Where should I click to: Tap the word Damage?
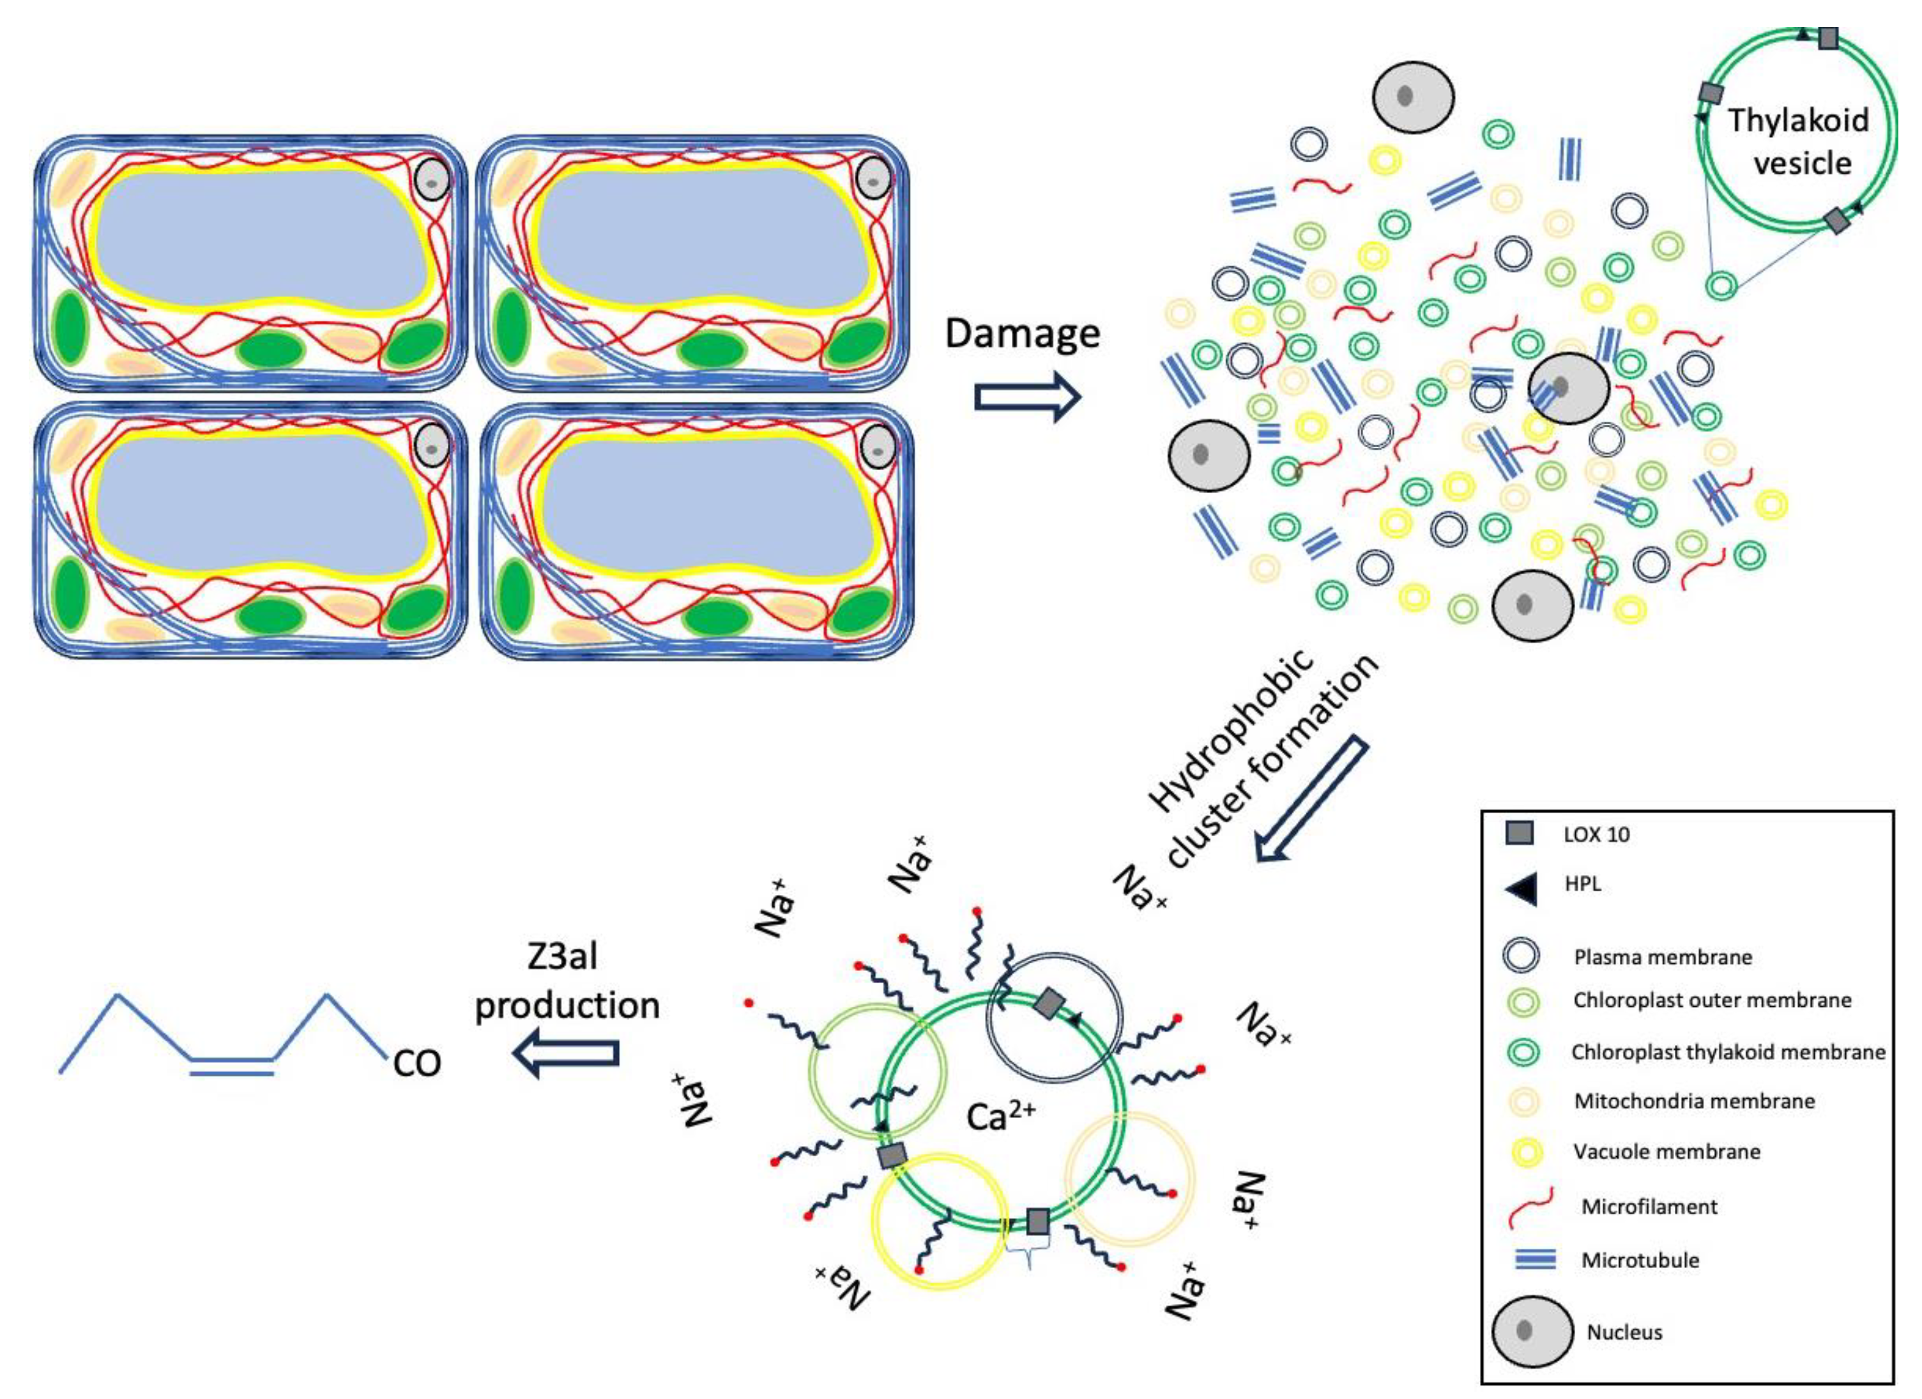click(1022, 333)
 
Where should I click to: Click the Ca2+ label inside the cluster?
click(1000, 1117)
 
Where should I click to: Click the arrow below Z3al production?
click(566, 1053)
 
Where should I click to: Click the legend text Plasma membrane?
click(1663, 957)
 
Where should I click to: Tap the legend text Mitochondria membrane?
click(1694, 1101)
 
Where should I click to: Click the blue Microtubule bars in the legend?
click(1535, 1260)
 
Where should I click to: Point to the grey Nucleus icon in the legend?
click(1531, 1331)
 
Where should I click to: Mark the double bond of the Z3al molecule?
click(231, 1066)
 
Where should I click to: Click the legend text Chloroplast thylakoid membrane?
click(1728, 1051)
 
